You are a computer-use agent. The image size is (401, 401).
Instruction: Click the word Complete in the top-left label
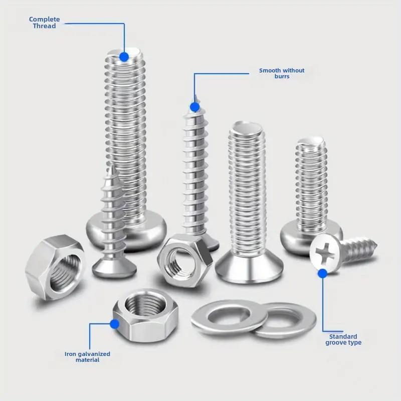44,20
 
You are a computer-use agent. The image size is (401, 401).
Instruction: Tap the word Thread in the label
44,26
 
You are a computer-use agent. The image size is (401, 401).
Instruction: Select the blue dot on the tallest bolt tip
124,57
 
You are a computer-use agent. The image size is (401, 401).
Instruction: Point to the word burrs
282,77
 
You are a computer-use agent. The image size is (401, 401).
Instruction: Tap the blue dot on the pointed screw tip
194,107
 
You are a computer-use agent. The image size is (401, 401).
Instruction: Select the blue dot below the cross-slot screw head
322,273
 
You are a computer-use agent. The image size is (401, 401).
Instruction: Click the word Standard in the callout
343,336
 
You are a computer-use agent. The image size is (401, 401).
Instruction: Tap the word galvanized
94,354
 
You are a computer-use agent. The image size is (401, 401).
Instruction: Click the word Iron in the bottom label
70,354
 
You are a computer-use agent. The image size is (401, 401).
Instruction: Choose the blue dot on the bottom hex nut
115,324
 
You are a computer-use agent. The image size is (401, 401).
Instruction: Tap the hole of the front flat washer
229,315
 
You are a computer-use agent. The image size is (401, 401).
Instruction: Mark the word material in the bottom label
87,360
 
